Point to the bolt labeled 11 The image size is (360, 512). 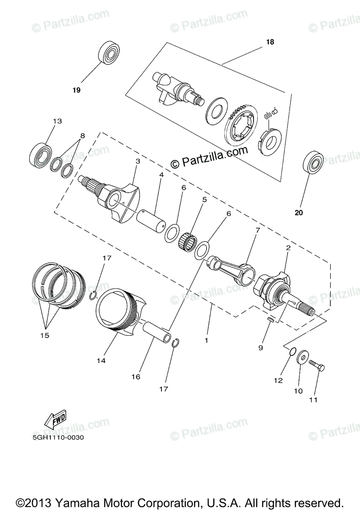tap(316, 365)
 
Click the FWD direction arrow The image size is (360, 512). tap(54, 420)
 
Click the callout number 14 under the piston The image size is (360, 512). tap(101, 361)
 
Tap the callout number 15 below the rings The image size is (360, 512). tap(44, 335)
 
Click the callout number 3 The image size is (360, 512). tap(138, 162)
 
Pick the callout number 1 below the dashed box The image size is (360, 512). tap(206, 340)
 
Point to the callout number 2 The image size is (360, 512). tap(288, 247)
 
